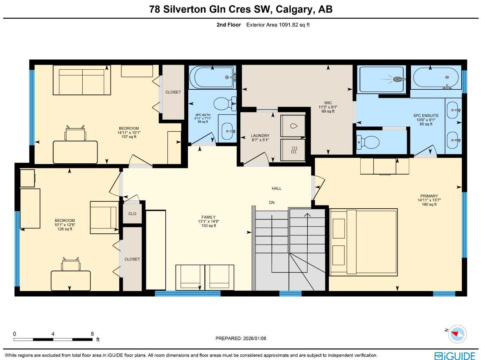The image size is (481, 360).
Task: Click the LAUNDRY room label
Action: point(260,136)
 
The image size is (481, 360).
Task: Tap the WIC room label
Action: point(328,103)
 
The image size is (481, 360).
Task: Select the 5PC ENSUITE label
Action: point(426,116)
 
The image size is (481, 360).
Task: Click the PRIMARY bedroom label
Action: point(429,196)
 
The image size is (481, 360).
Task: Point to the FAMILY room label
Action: point(208,217)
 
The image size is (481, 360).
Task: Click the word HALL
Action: point(277,189)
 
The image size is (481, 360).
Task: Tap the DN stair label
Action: point(272,203)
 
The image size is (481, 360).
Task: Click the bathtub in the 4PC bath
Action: point(211,77)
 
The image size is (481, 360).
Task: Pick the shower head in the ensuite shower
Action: point(398,79)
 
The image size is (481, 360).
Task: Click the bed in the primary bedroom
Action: point(363,242)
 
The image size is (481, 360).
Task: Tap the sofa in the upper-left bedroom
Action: point(82,82)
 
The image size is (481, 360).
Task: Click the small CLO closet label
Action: point(132,214)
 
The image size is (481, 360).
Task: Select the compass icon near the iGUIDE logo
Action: point(457,334)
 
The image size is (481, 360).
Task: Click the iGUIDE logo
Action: point(455,356)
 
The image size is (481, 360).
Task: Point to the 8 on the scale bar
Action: point(92,334)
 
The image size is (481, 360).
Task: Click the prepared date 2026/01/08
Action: point(254,339)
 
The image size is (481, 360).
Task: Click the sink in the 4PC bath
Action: point(227,130)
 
